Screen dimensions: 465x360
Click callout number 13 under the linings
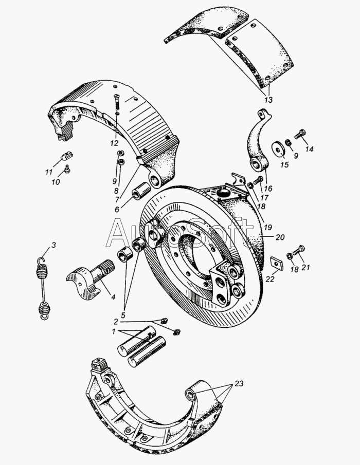click(268, 99)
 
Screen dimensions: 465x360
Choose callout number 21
click(307, 267)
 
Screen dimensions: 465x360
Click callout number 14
click(309, 150)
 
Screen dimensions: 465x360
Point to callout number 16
click(268, 189)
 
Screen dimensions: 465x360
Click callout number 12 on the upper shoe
click(114, 142)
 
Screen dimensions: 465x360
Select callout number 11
click(49, 172)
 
